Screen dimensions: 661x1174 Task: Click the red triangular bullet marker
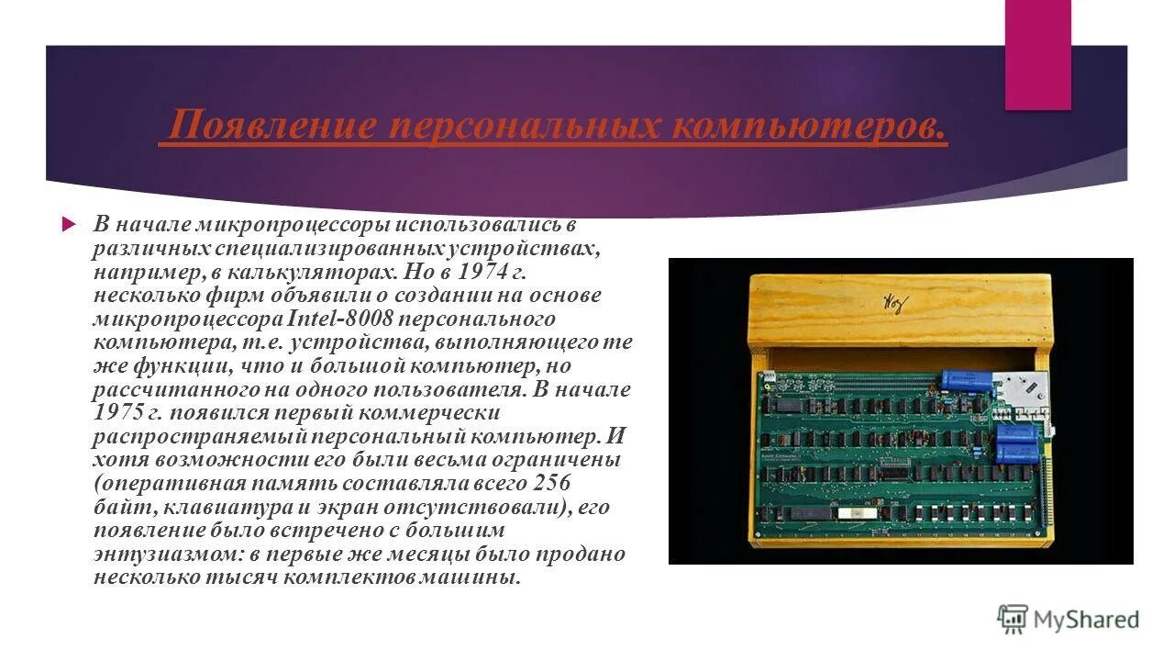coord(67,224)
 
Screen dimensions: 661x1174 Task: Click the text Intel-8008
coord(340,319)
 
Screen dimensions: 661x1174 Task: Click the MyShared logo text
coord(1087,620)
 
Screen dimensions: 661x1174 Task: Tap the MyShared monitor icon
coord(1013,619)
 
